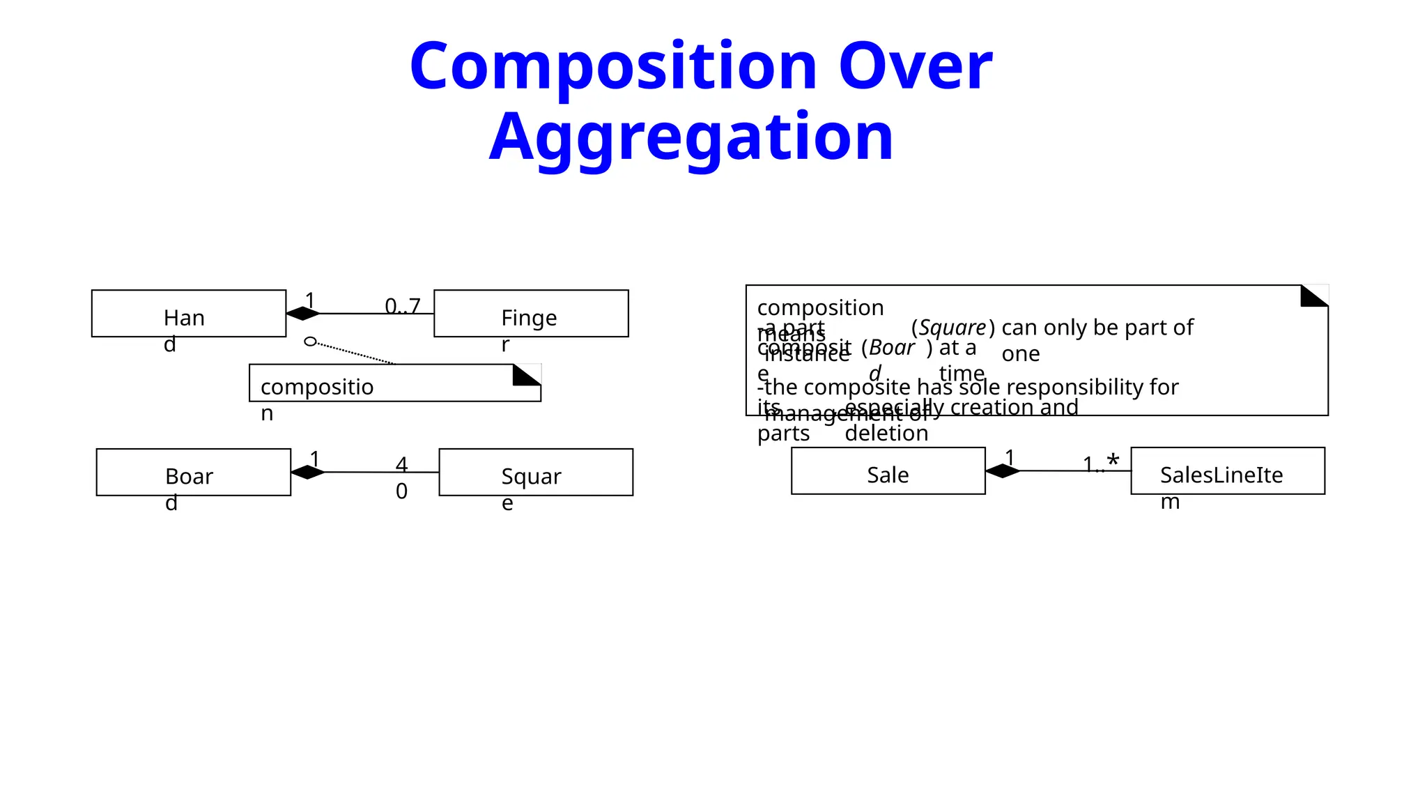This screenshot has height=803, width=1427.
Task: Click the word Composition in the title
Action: (613, 67)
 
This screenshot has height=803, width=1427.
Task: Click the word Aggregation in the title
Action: (691, 138)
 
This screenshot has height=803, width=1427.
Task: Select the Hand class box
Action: (188, 314)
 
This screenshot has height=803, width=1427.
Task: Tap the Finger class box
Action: (531, 314)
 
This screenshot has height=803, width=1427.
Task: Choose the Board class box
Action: (193, 472)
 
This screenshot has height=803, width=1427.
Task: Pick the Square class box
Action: (536, 472)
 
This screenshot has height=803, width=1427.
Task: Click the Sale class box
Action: (888, 471)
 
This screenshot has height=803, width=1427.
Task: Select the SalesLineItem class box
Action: (1227, 471)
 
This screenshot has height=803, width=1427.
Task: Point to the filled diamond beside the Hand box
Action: (303, 314)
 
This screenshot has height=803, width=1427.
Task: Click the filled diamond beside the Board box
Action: (308, 472)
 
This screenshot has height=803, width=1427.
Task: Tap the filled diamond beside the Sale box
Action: (1003, 471)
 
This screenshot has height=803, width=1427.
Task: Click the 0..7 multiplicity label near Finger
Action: (403, 306)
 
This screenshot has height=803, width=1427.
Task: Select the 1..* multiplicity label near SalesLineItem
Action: (1101, 464)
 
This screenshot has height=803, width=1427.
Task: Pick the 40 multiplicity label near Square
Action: (401, 477)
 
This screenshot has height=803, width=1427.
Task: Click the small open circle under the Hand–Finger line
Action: (311, 342)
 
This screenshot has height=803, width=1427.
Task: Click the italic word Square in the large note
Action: (952, 328)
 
